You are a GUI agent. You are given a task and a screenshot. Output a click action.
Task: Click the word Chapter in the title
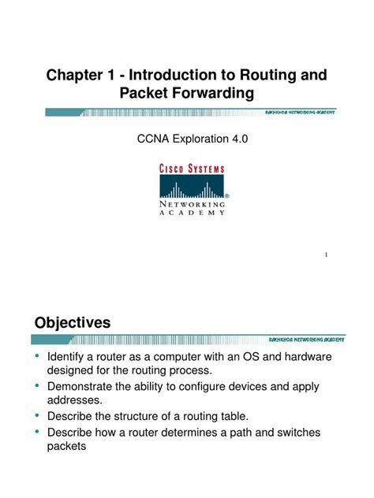tap(77, 76)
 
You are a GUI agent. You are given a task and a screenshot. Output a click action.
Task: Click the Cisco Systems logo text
tap(193, 169)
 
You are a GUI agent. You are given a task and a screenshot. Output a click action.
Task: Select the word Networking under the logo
tap(193, 203)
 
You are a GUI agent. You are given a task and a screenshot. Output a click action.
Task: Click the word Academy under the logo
tap(193, 212)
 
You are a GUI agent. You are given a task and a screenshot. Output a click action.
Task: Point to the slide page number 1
tap(326, 255)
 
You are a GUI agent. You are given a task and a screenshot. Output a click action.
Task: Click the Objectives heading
tap(73, 322)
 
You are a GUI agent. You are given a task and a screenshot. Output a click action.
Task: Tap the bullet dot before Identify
tap(37, 356)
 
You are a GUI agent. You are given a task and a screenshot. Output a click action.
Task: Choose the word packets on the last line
tap(68, 446)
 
